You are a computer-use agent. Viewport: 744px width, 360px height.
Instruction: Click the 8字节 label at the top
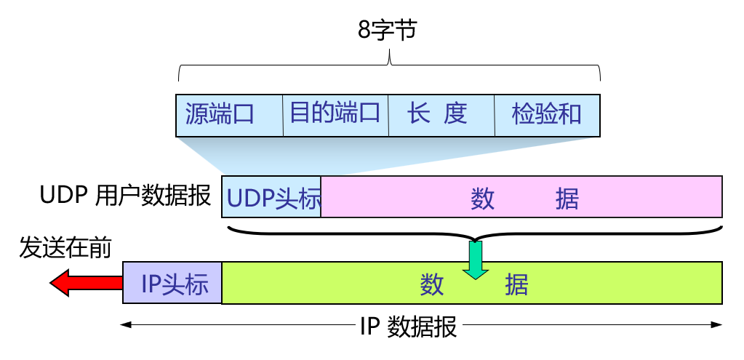[x=389, y=32]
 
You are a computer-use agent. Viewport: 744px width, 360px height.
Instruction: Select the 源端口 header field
[x=228, y=115]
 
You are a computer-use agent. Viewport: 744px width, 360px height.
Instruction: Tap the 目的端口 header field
[x=335, y=114]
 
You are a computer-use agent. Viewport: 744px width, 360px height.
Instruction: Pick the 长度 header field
[x=441, y=115]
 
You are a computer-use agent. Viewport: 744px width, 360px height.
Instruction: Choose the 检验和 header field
[x=547, y=115]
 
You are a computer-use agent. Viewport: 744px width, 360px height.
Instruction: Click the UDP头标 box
[x=272, y=197]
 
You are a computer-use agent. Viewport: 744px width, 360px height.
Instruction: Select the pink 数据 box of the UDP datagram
[x=521, y=197]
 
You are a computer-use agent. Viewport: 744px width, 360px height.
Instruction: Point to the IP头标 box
[x=172, y=283]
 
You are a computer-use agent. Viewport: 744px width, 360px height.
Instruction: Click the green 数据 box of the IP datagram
[x=471, y=284]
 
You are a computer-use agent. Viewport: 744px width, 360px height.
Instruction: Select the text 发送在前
[x=66, y=248]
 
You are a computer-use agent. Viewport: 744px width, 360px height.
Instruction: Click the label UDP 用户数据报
[x=125, y=196]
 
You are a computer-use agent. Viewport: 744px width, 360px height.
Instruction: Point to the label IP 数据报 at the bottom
[x=409, y=327]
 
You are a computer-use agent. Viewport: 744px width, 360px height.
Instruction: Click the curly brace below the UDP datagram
[x=475, y=234]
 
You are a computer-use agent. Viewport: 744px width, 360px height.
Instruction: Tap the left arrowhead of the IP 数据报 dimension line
[x=126, y=324]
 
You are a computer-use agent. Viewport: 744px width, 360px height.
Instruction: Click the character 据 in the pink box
[x=567, y=198]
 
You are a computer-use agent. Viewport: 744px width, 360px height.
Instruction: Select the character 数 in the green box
[x=432, y=284]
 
